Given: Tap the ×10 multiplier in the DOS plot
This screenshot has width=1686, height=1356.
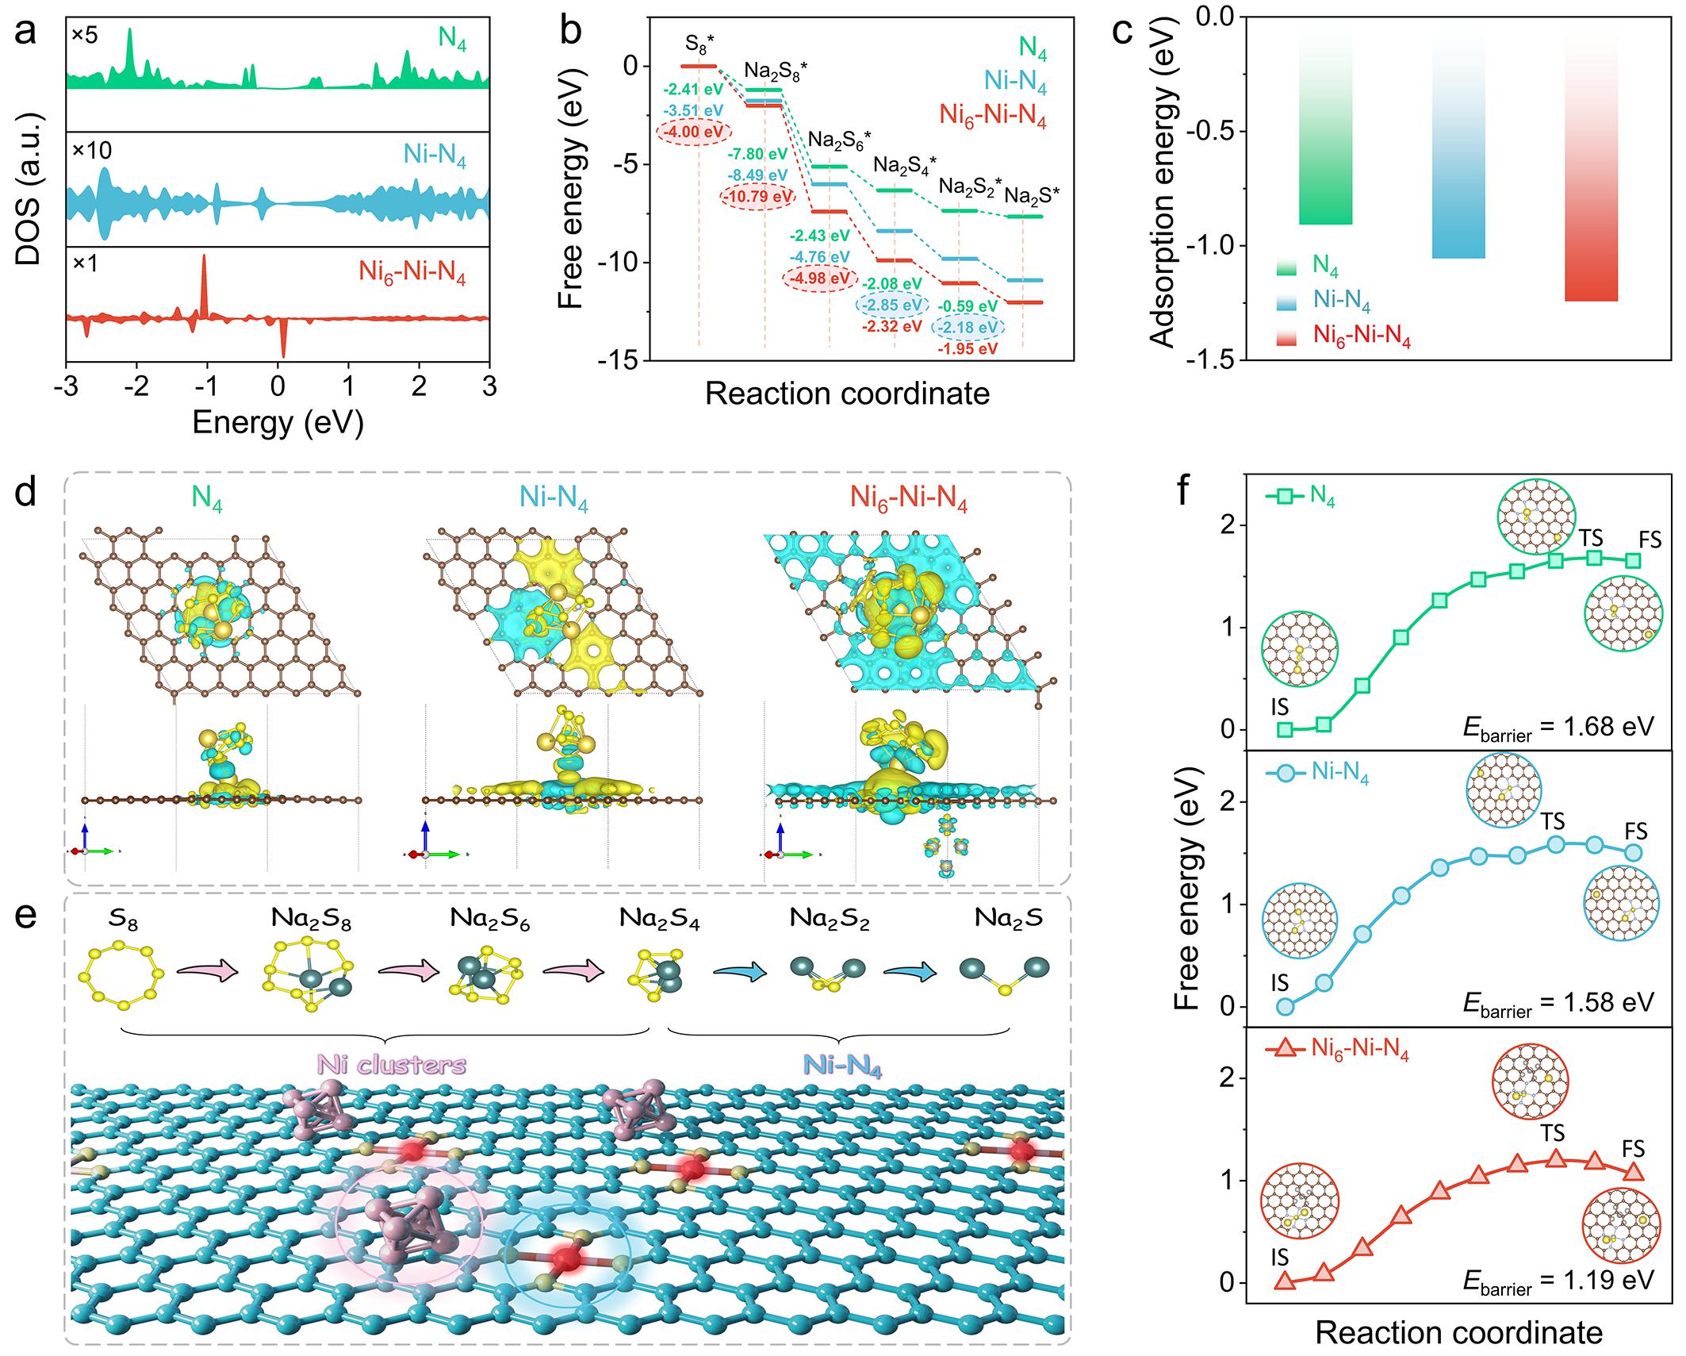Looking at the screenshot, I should [x=91, y=151].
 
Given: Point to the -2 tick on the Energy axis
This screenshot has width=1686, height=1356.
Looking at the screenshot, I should [x=136, y=386].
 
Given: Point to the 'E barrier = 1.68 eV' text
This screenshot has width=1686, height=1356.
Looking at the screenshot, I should [x=1558, y=727].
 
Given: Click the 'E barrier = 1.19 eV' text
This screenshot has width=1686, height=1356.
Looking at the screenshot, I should [x=1558, y=1280].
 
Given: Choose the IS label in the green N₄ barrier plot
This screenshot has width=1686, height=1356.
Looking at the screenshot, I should [x=1278, y=706].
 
